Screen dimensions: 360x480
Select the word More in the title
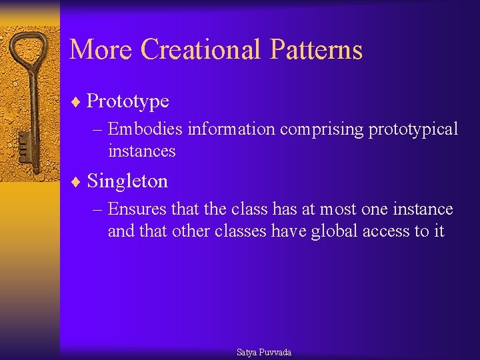102,50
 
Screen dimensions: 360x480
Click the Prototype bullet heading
128,101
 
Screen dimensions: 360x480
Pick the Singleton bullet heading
127,181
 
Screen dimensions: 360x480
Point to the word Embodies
145,129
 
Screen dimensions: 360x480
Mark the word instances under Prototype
141,151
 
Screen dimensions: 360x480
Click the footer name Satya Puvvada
264,352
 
